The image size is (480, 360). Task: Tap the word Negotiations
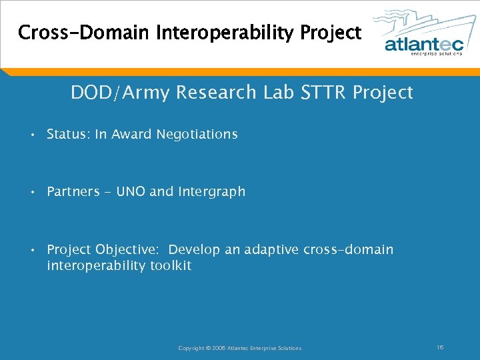(197, 135)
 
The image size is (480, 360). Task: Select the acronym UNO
(131, 192)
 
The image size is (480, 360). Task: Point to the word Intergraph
(211, 192)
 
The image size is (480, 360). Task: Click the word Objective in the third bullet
(127, 250)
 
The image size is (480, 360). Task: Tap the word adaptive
(271, 250)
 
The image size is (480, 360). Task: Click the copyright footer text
(240, 348)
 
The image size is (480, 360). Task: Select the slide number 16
(440, 347)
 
